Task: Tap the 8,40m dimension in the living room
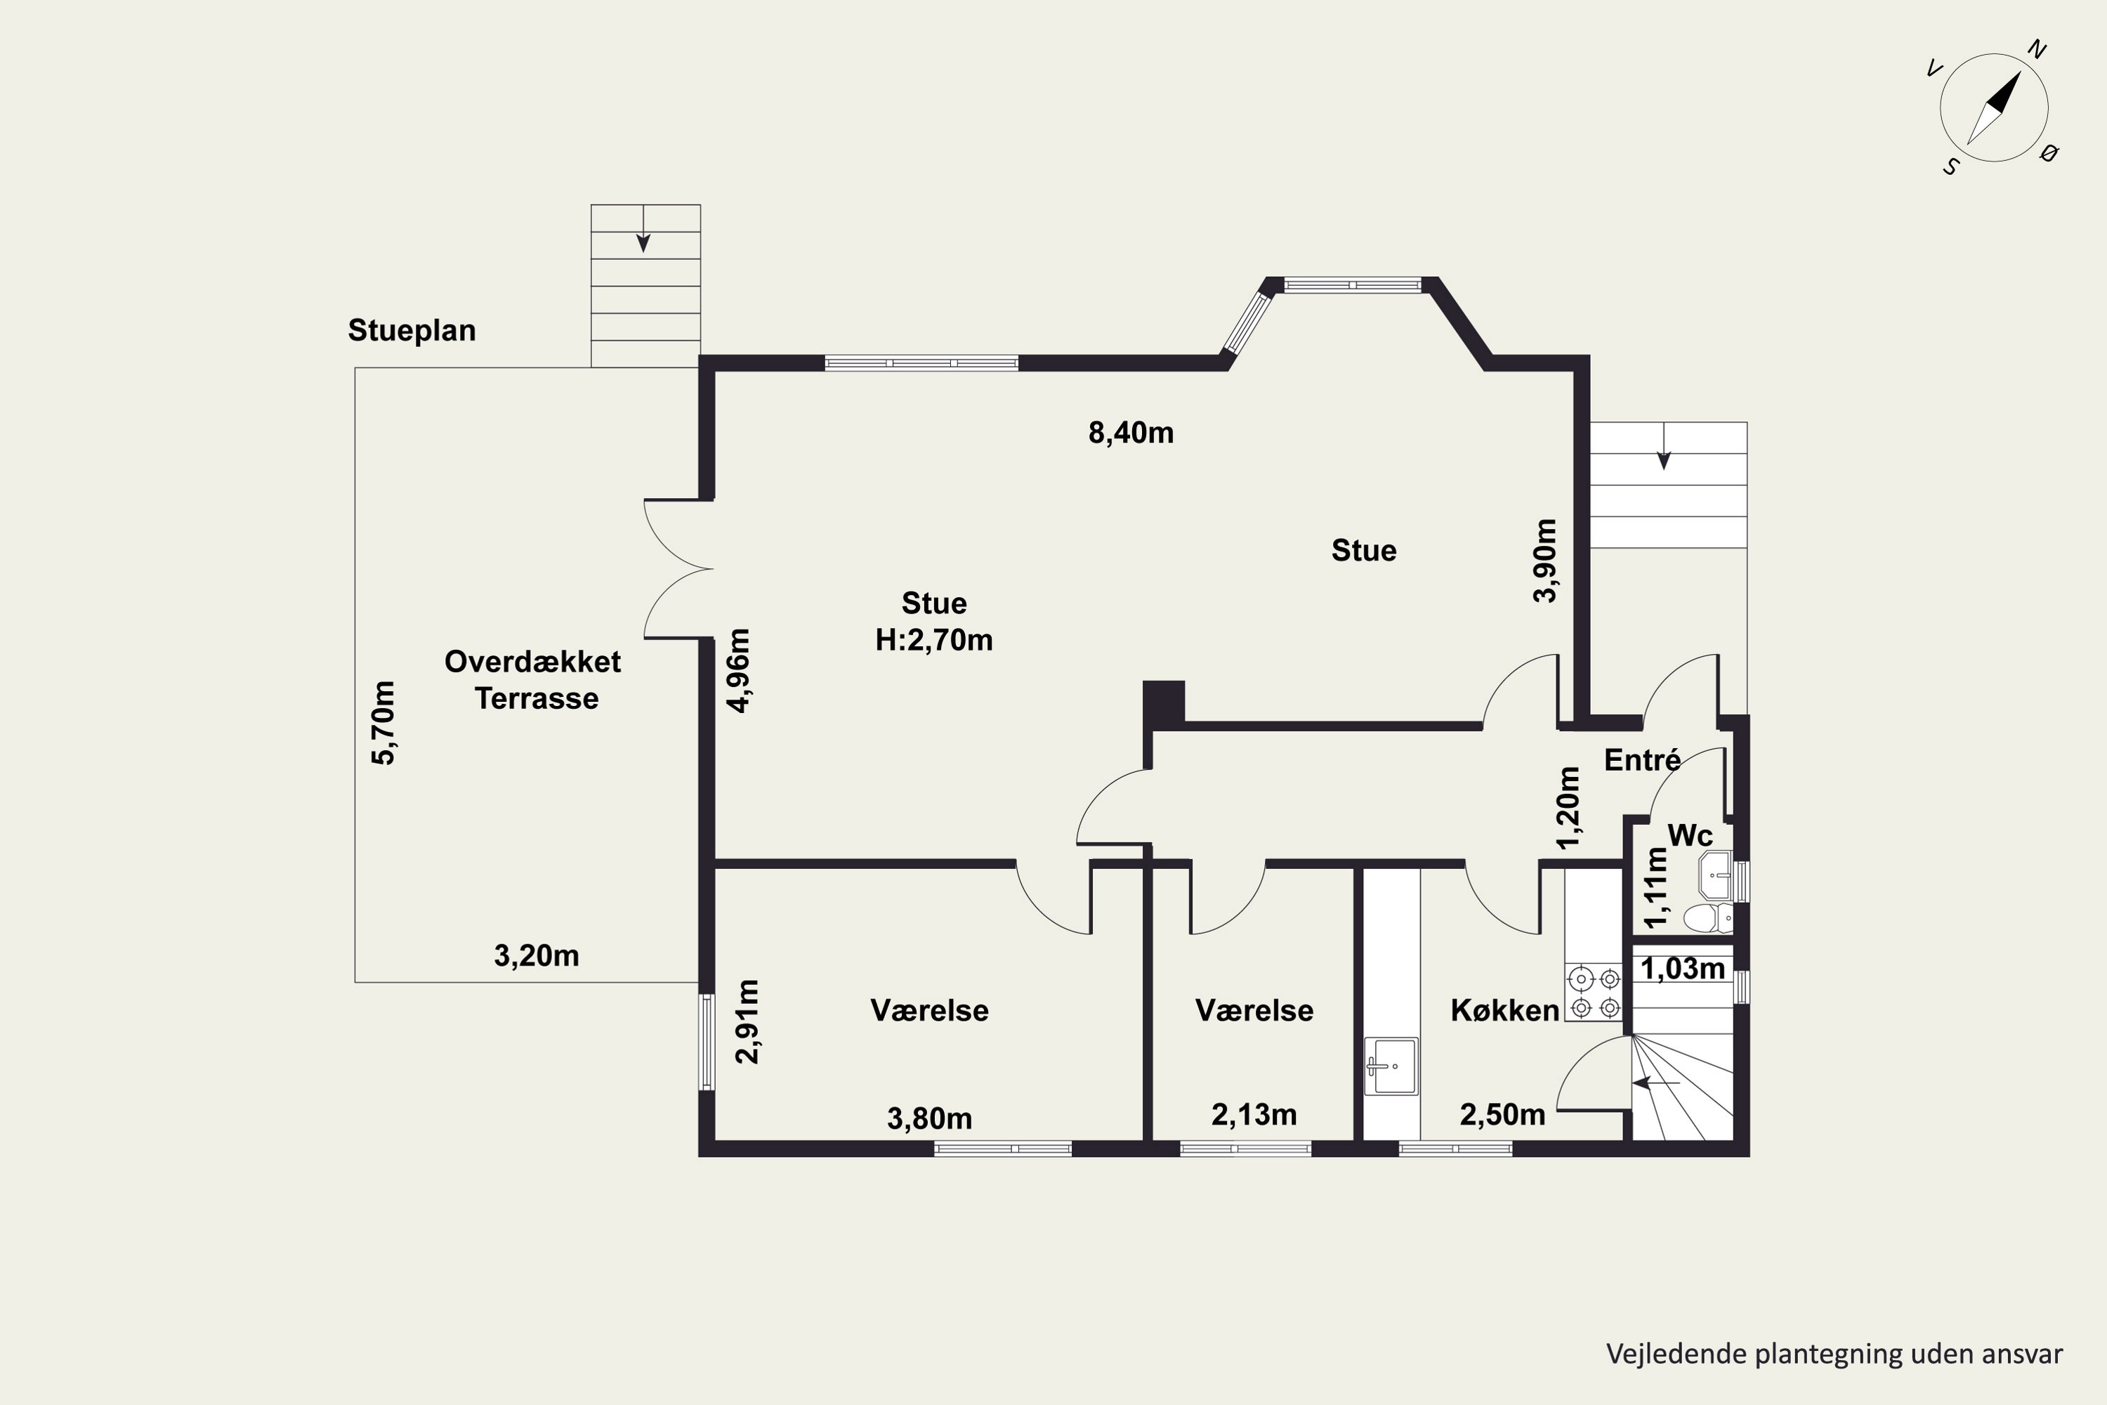1131,433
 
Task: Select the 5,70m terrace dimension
383,723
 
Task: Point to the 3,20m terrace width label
537,956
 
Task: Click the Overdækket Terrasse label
534,680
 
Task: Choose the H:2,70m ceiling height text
934,640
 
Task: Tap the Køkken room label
1505,1011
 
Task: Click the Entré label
1642,760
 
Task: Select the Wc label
1691,835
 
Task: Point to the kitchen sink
1391,1066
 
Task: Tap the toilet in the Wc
1707,918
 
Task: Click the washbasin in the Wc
1716,875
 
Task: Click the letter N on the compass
2036,50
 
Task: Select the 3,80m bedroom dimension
930,1118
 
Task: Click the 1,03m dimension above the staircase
1682,969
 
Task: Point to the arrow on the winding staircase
1655,1083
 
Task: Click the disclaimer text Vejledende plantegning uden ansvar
1834,1354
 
